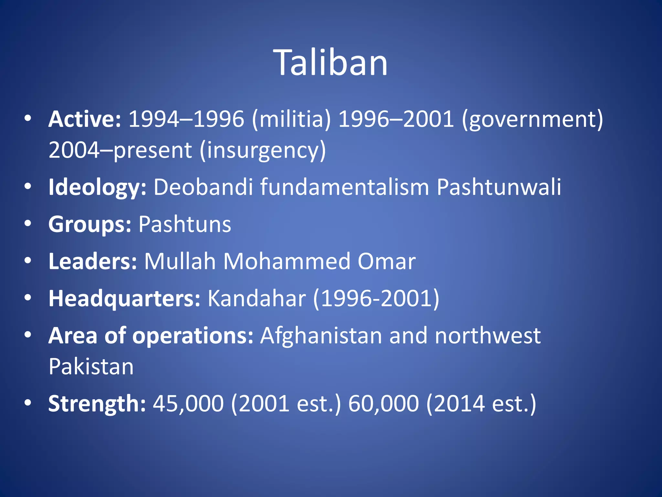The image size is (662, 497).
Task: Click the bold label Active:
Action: coord(85,119)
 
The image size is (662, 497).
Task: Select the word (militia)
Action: coord(291,119)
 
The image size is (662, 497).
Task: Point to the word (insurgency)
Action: coord(262,150)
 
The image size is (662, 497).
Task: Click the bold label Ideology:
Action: coord(97,188)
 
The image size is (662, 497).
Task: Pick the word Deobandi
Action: coord(203,187)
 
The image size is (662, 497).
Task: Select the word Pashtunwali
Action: coord(498,187)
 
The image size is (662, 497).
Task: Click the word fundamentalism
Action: coord(345,187)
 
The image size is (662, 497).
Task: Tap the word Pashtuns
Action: coord(185,224)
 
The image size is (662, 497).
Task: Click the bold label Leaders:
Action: coord(93,261)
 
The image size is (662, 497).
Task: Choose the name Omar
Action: coord(386,261)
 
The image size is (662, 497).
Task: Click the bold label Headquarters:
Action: coord(124,298)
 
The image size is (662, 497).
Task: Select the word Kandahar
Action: coord(256,298)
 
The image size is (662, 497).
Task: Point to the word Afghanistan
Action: coord(321,336)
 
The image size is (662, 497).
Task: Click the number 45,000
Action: coord(188,403)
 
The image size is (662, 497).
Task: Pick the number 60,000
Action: coord(383,403)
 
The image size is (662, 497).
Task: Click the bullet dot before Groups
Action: coord(28,224)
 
